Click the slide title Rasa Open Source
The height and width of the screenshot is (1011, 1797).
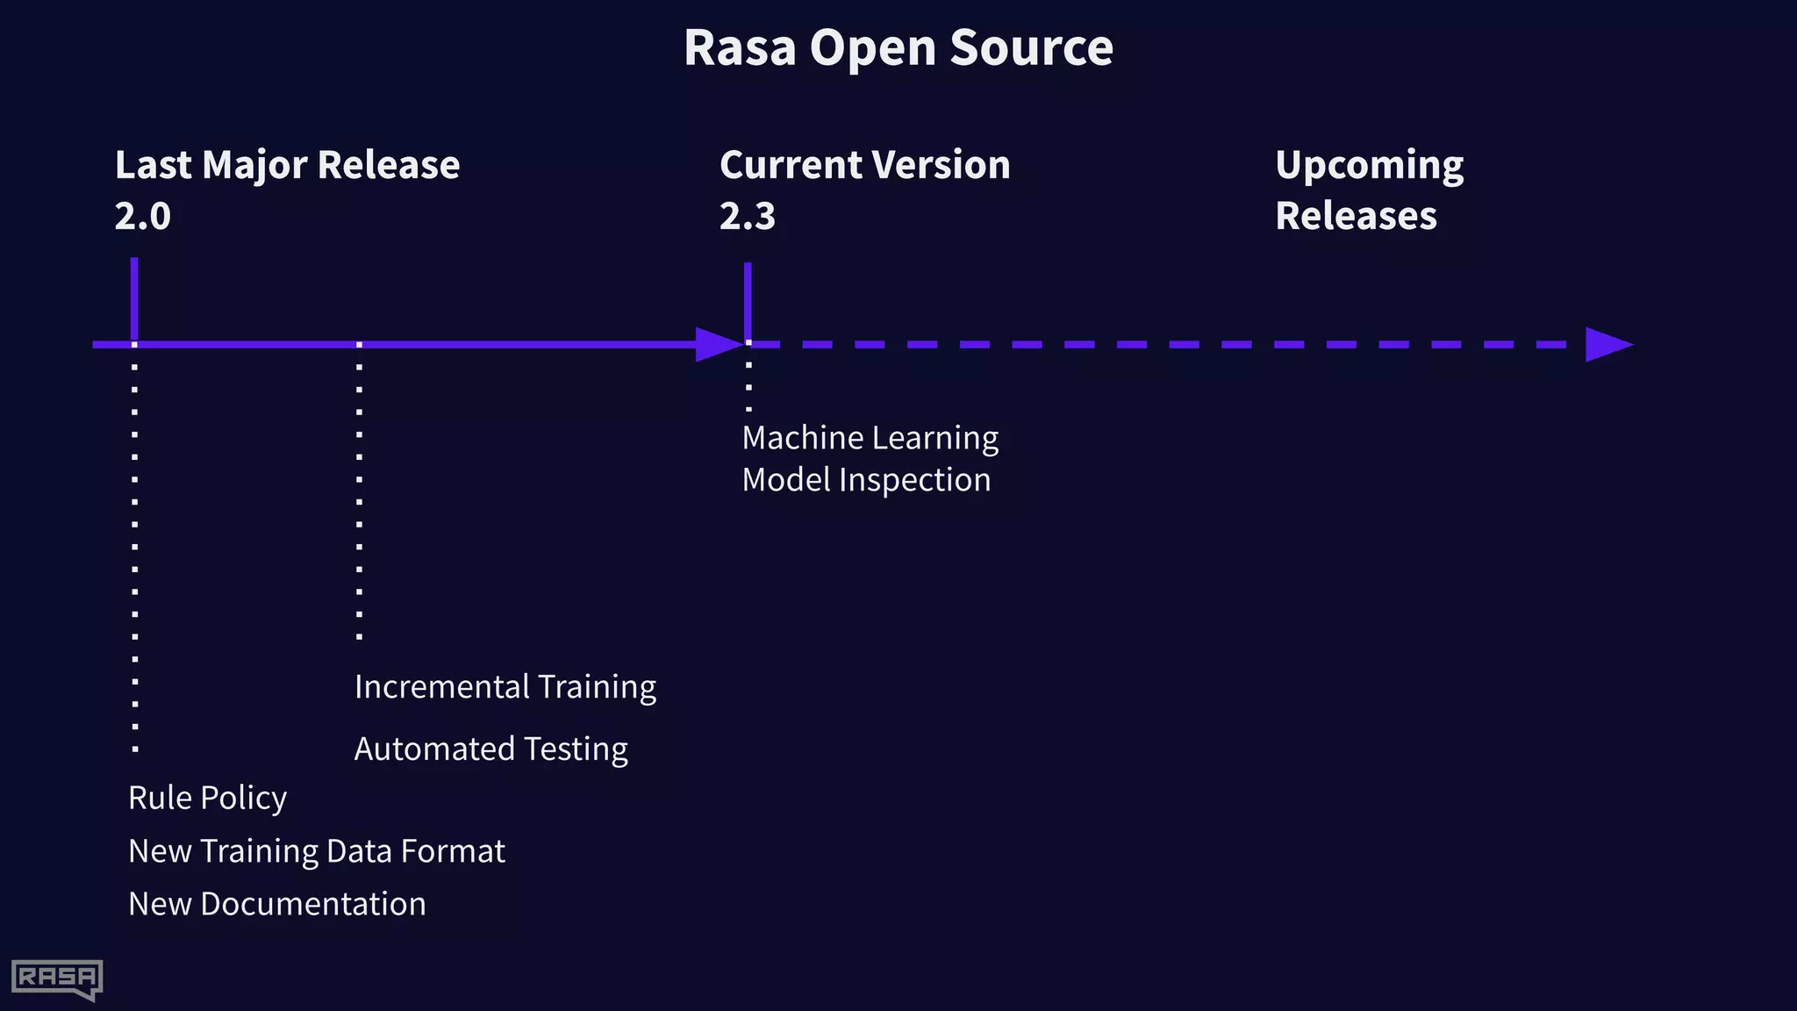click(898, 47)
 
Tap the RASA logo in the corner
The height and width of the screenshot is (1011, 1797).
click(57, 979)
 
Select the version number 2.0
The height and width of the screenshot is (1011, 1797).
click(142, 216)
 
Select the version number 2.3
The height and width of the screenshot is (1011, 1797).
click(747, 216)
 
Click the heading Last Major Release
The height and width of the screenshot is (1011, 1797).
click(287, 165)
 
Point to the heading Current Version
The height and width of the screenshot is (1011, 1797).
click(864, 165)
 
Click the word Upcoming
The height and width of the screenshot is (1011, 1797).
click(1369, 165)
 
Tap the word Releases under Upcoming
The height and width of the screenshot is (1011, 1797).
click(1356, 216)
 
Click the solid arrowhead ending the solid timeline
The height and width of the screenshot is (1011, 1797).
click(718, 344)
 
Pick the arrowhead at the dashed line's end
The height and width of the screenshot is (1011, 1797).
click(1607, 344)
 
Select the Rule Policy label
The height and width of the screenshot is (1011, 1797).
click(207, 798)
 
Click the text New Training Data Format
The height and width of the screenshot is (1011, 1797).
click(316, 851)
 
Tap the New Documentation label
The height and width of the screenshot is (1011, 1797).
click(276, 904)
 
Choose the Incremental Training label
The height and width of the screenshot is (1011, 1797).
click(505, 687)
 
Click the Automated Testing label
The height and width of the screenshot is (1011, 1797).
click(490, 749)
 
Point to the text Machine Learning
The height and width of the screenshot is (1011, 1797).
click(870, 438)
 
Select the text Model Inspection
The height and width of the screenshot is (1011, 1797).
click(866, 480)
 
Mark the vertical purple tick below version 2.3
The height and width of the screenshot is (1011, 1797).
click(748, 299)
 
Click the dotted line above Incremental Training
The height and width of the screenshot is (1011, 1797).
click(359, 491)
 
